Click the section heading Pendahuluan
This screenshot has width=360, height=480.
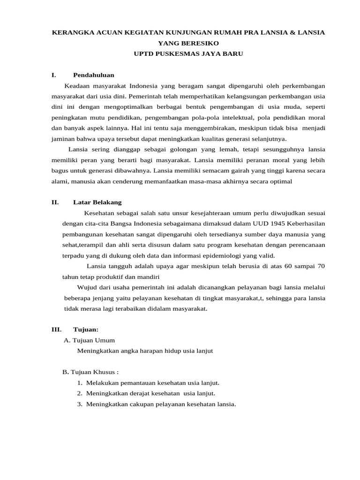[x=94, y=75]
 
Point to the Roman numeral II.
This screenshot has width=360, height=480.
[x=55, y=202]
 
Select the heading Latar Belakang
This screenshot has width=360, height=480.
[x=97, y=202]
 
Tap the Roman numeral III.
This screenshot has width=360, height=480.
[x=56, y=330]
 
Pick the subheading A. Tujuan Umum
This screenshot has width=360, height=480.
[x=89, y=340]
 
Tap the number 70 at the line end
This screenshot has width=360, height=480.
[x=321, y=266]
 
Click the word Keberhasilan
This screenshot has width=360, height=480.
[x=302, y=224]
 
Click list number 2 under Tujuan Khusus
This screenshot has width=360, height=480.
[x=80, y=394]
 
